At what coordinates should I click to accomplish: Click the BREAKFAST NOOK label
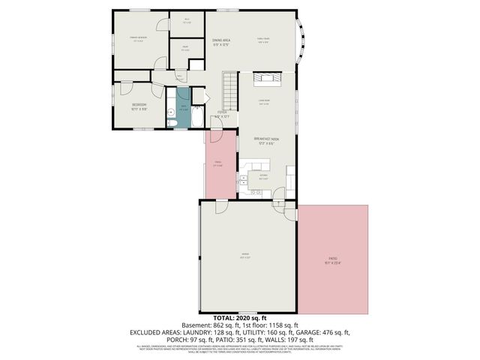click(266, 139)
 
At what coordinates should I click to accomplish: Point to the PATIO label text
click(332, 259)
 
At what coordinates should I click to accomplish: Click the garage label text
click(244, 255)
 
